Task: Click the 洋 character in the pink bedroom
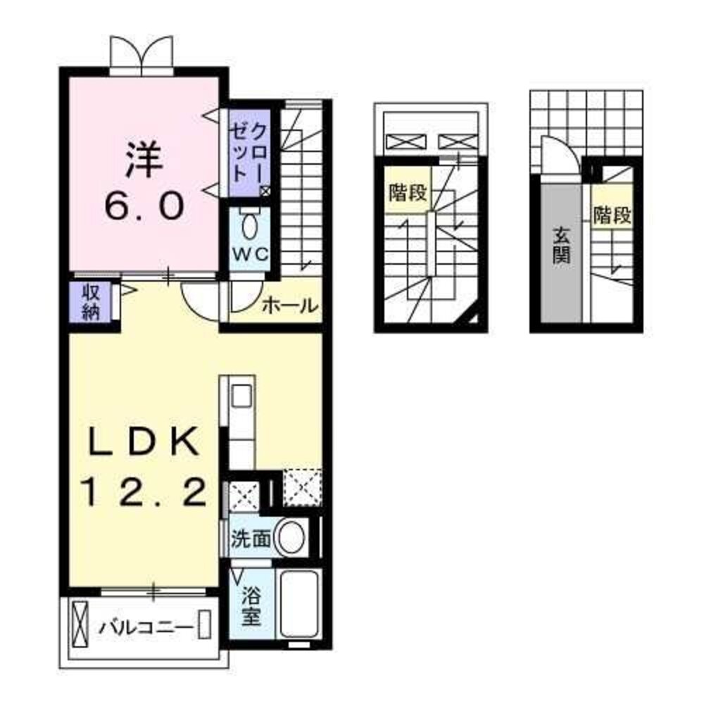(x=145, y=160)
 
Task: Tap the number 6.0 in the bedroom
(x=145, y=206)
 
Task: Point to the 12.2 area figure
(x=144, y=491)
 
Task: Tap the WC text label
(x=250, y=254)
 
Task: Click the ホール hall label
(x=289, y=306)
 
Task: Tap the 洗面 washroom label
(x=251, y=539)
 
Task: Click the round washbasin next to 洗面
(x=291, y=538)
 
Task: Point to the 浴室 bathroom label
(x=251, y=607)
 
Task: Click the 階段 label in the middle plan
(x=408, y=193)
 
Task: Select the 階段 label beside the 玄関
(x=611, y=215)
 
